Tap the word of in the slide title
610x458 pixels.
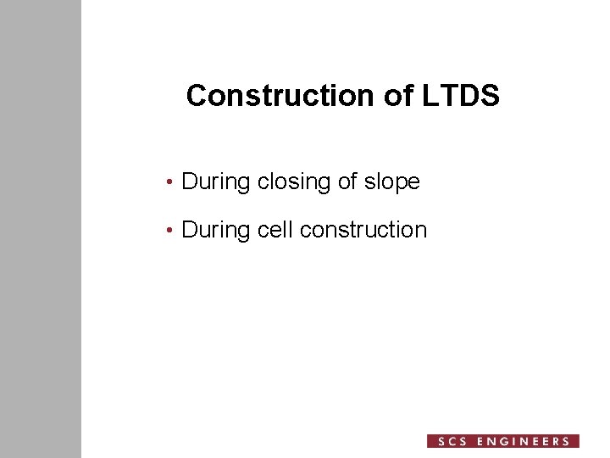click(x=398, y=96)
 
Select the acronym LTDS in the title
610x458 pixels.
click(x=460, y=96)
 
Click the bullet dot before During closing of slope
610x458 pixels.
click(x=171, y=182)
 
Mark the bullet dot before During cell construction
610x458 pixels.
click(x=171, y=231)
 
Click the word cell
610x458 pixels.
click(x=275, y=230)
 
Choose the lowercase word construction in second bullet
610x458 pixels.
click(x=363, y=230)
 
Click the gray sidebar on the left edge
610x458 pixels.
click(x=40, y=229)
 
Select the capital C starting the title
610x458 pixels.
click(x=196, y=96)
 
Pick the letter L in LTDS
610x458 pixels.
click(x=427, y=96)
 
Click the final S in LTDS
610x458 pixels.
click(x=491, y=96)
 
